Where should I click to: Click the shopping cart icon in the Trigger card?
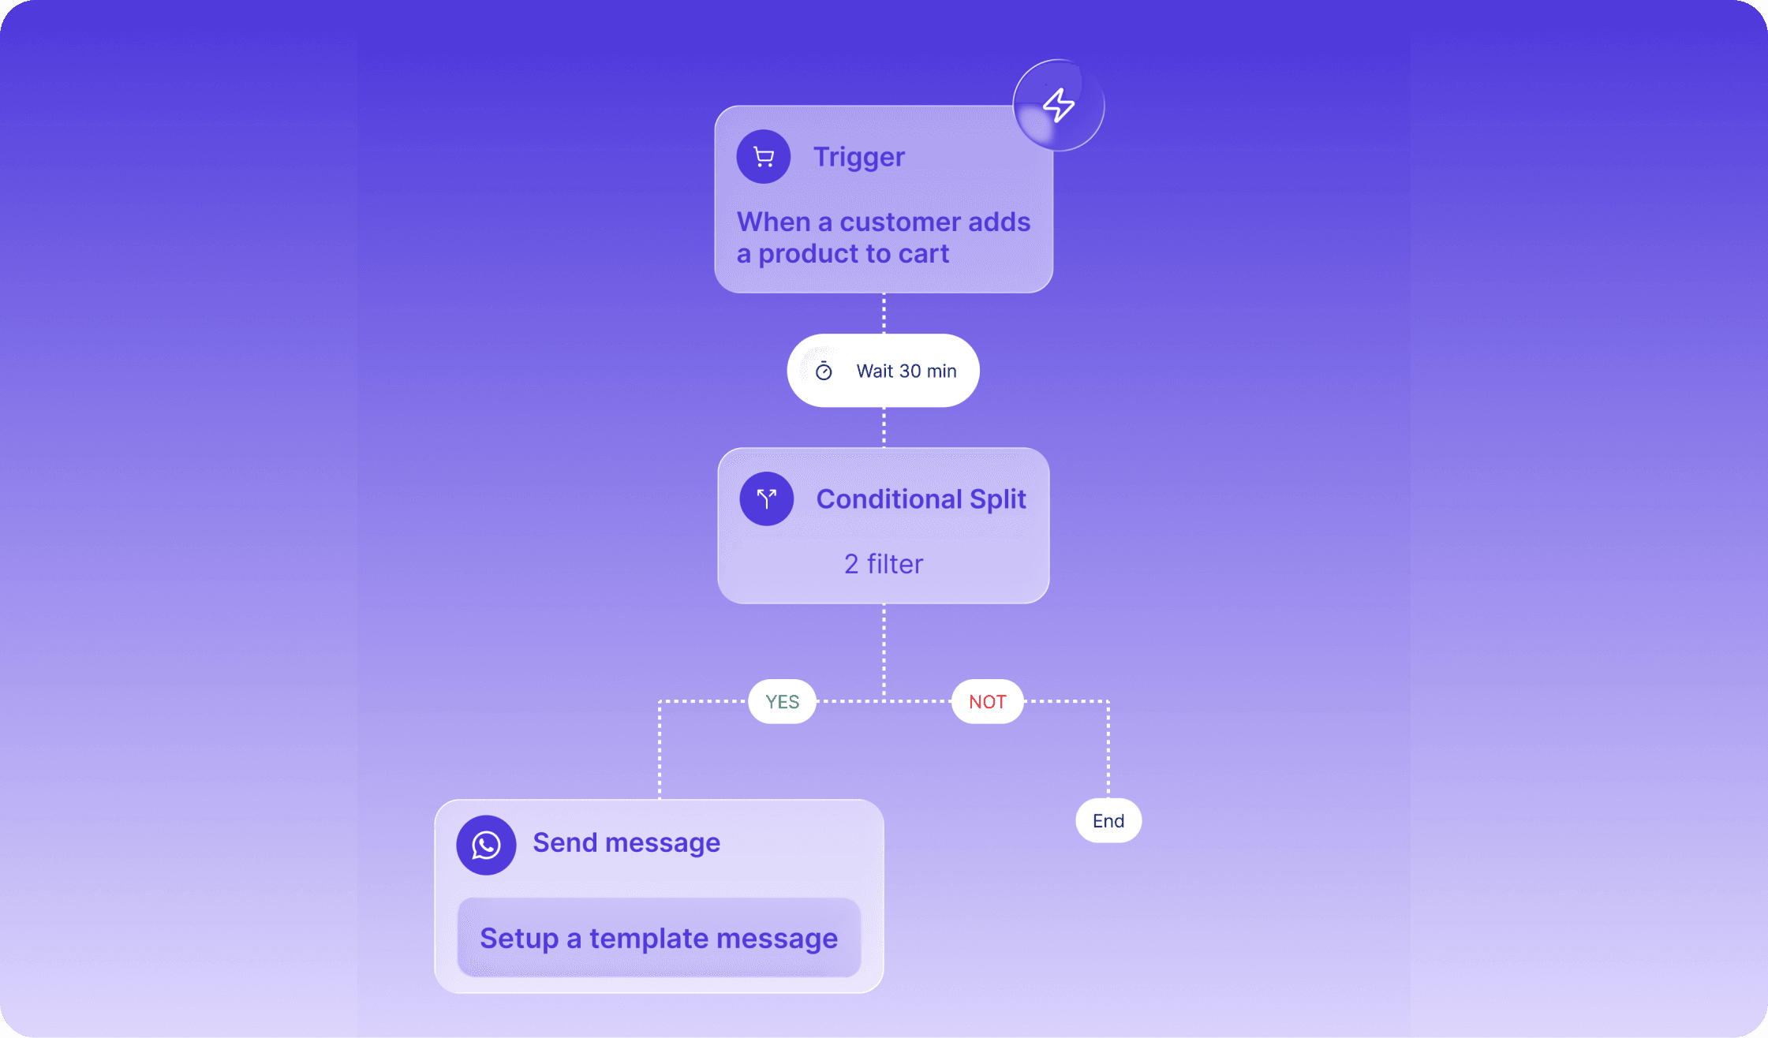763,157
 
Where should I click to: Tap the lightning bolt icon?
1059,105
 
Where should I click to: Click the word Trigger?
859,158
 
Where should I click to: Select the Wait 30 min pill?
883,371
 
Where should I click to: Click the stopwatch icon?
824,371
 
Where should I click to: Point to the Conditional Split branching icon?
766,498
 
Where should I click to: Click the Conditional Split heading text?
921,499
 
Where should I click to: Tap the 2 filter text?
884,564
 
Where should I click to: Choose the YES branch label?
782,701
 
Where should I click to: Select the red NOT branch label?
988,701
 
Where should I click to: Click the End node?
1108,821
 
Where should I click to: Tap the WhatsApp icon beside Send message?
486,845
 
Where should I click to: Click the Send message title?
626,843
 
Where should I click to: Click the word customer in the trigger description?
900,222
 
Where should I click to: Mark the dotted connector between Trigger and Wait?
884,314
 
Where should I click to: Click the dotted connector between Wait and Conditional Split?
884,428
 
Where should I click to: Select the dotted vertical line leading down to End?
1108,749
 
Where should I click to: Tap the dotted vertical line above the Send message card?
660,749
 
